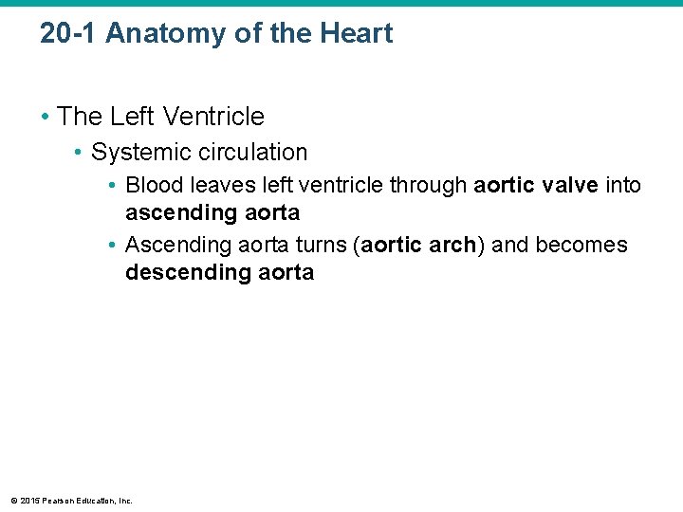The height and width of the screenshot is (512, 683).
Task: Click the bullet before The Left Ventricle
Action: coord(46,118)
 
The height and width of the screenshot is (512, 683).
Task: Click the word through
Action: coord(431,185)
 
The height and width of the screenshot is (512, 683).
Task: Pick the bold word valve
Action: coord(566,185)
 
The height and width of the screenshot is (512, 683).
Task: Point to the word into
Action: coord(623,185)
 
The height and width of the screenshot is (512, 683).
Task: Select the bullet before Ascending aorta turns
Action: coord(113,246)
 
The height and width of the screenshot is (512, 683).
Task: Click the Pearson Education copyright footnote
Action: coord(72,500)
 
